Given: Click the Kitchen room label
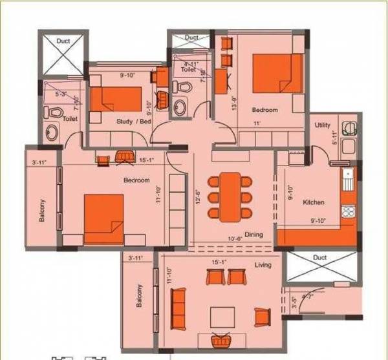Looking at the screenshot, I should [314, 202].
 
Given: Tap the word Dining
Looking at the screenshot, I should [253, 234].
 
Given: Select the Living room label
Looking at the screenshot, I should [263, 265].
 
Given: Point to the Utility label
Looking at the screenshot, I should [323, 125].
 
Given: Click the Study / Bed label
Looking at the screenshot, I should [134, 122].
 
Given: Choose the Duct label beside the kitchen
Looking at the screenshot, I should [320, 257].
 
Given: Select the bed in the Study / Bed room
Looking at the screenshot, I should [115, 99].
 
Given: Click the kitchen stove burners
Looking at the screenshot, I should [348, 211].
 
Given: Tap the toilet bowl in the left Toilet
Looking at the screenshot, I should [54, 112].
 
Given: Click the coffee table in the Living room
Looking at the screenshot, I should [222, 316].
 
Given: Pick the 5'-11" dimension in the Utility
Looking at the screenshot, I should [334, 138].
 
